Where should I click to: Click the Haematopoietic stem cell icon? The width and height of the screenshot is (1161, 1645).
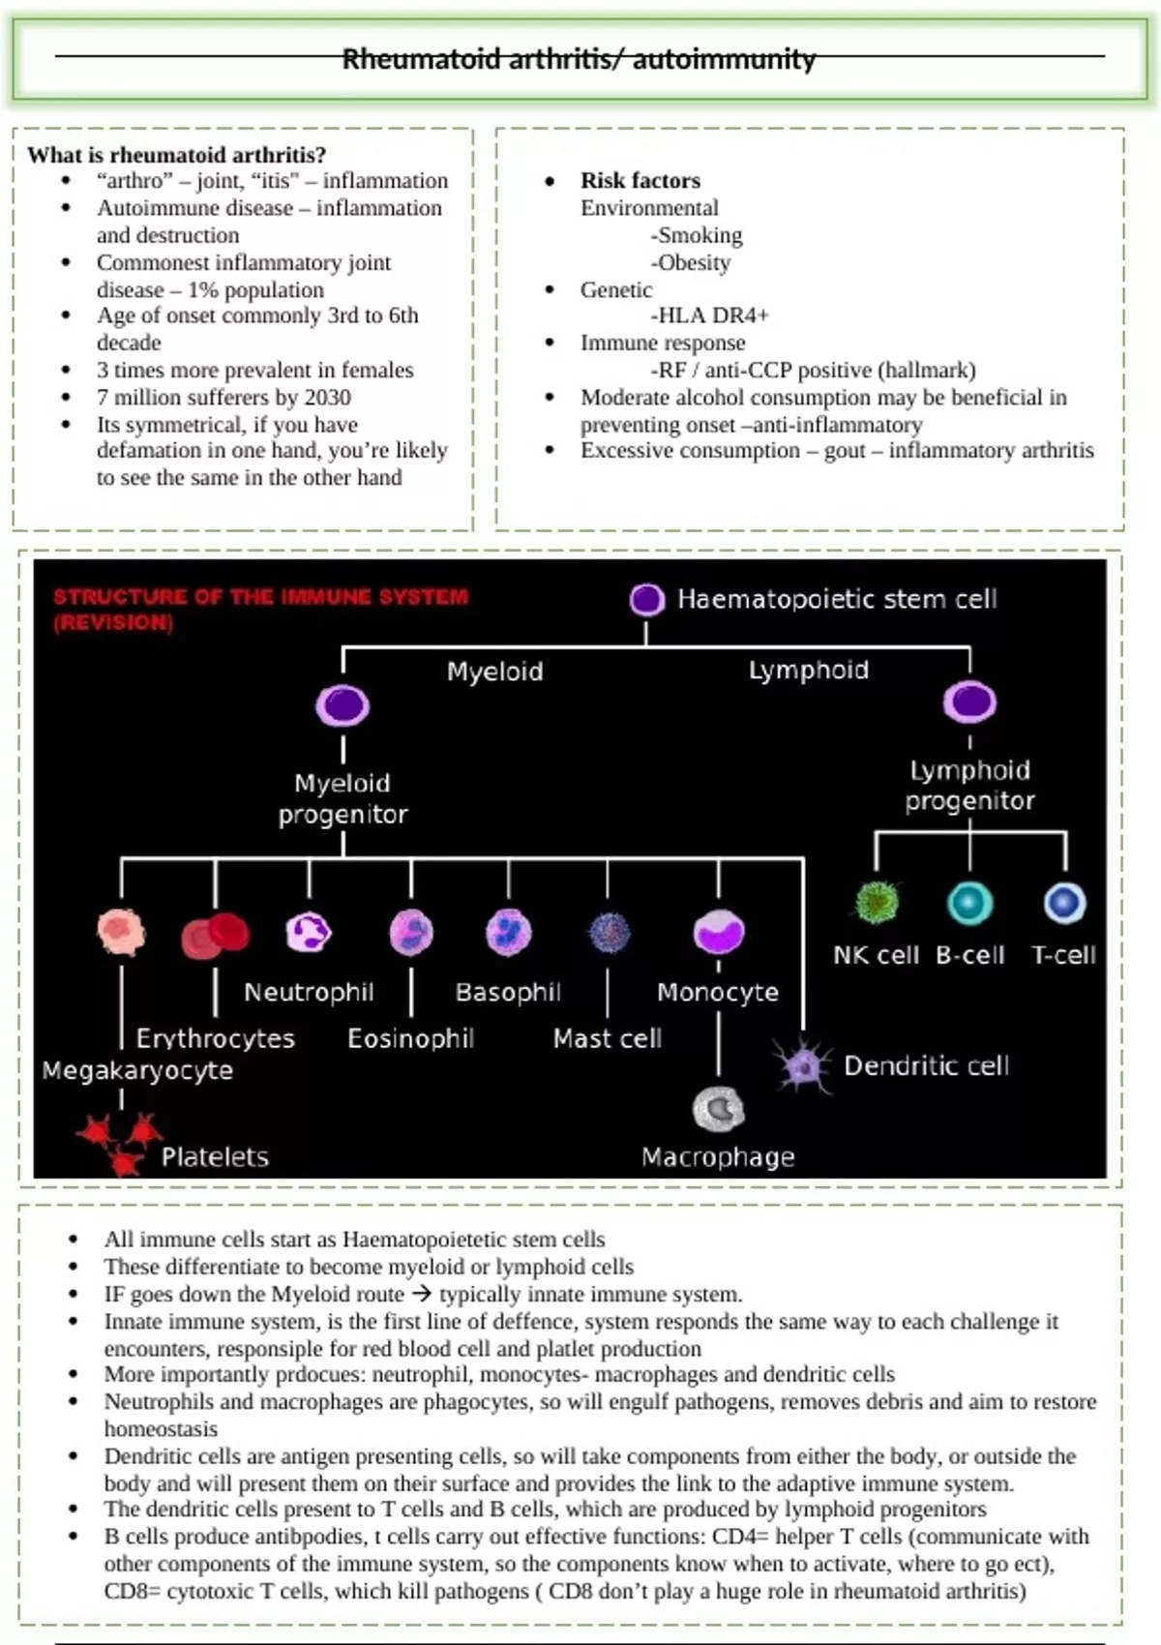tap(646, 600)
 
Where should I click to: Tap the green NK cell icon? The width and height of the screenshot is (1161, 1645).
tap(877, 903)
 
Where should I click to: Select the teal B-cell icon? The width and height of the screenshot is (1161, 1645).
tap(969, 904)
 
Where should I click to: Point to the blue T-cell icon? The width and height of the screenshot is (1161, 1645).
tap(1064, 904)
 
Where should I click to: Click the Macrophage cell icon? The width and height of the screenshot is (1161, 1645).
tap(718, 1109)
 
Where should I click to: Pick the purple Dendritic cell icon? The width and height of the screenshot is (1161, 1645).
tap(802, 1064)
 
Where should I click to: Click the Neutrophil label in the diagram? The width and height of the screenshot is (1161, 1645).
tap(309, 992)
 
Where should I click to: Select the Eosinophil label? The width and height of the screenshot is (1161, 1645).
tap(411, 1038)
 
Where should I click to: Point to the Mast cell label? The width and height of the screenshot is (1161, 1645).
tap(608, 1038)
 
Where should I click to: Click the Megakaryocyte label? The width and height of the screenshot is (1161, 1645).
tap(137, 1070)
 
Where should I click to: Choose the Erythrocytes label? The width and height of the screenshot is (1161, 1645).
tap(215, 1038)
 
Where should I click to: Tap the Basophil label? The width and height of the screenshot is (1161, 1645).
tap(508, 992)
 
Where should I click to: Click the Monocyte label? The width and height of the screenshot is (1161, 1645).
tap(718, 992)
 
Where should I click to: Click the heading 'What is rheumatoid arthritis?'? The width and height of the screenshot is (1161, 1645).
tap(176, 155)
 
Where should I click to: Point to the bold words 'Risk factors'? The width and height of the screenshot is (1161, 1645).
tap(640, 180)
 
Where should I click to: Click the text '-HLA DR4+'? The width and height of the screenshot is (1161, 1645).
tap(710, 315)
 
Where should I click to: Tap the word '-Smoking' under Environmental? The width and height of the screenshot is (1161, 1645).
tap(697, 235)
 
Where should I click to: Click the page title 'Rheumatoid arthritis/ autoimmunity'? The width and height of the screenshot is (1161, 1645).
tap(579, 59)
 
